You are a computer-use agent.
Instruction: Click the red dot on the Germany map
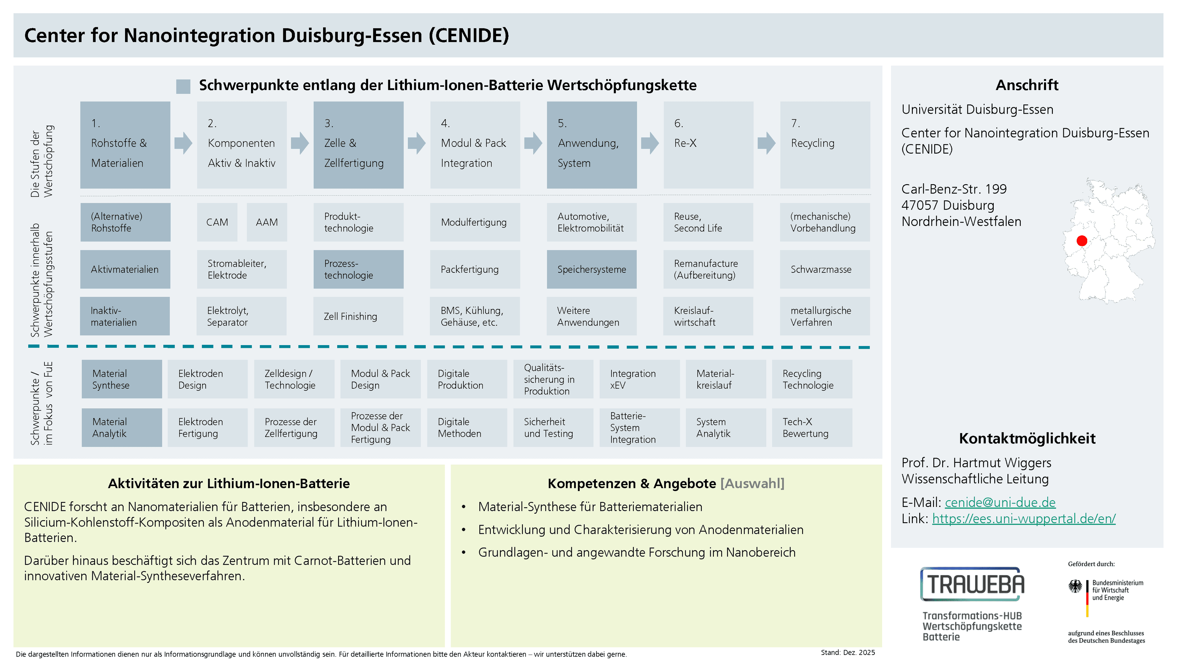[x=1081, y=241]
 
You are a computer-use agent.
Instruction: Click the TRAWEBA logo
[x=972, y=584]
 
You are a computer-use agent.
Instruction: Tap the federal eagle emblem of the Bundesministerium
[x=1075, y=586]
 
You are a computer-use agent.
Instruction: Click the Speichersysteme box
[x=592, y=269]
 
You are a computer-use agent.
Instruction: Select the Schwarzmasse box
[x=825, y=269]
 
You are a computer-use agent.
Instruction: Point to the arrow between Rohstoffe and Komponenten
[x=183, y=143]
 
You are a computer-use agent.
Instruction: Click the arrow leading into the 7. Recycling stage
[x=767, y=143]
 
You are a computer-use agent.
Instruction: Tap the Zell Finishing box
[x=358, y=316]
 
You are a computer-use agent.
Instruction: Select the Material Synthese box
[x=122, y=379]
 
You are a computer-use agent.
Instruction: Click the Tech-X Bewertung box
[x=812, y=428]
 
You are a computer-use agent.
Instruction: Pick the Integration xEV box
[x=639, y=379]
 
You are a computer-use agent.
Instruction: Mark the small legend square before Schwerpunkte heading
[x=183, y=86]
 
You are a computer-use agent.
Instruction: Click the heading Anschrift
[x=1027, y=85]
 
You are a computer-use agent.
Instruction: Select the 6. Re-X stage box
[x=708, y=145]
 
